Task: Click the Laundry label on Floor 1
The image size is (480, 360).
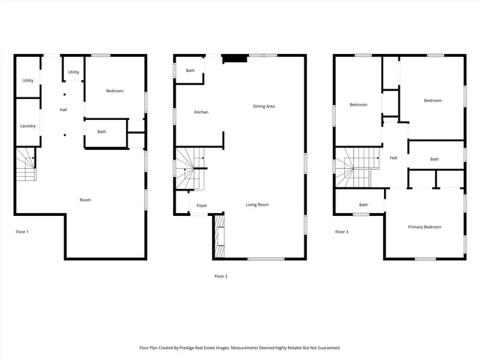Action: tap(28, 126)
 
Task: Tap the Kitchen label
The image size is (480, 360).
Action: tap(201, 112)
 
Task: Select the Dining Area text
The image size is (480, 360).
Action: tap(264, 106)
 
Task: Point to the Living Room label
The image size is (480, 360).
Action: tap(257, 205)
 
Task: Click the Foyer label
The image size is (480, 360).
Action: tap(202, 205)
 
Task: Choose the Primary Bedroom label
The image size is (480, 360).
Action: tap(424, 227)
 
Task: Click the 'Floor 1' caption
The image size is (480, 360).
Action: tap(22, 232)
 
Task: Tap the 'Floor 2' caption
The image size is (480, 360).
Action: tap(220, 276)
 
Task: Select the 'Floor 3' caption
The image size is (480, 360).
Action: tap(341, 232)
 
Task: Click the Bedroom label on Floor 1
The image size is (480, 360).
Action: tap(115, 91)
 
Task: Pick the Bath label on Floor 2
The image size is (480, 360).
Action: tap(190, 71)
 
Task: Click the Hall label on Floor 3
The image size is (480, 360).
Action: tap(393, 157)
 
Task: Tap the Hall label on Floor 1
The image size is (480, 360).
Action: tap(64, 110)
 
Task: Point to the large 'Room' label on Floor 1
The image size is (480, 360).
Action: tap(85, 199)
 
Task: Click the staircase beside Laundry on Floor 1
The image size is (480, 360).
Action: tap(26, 165)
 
